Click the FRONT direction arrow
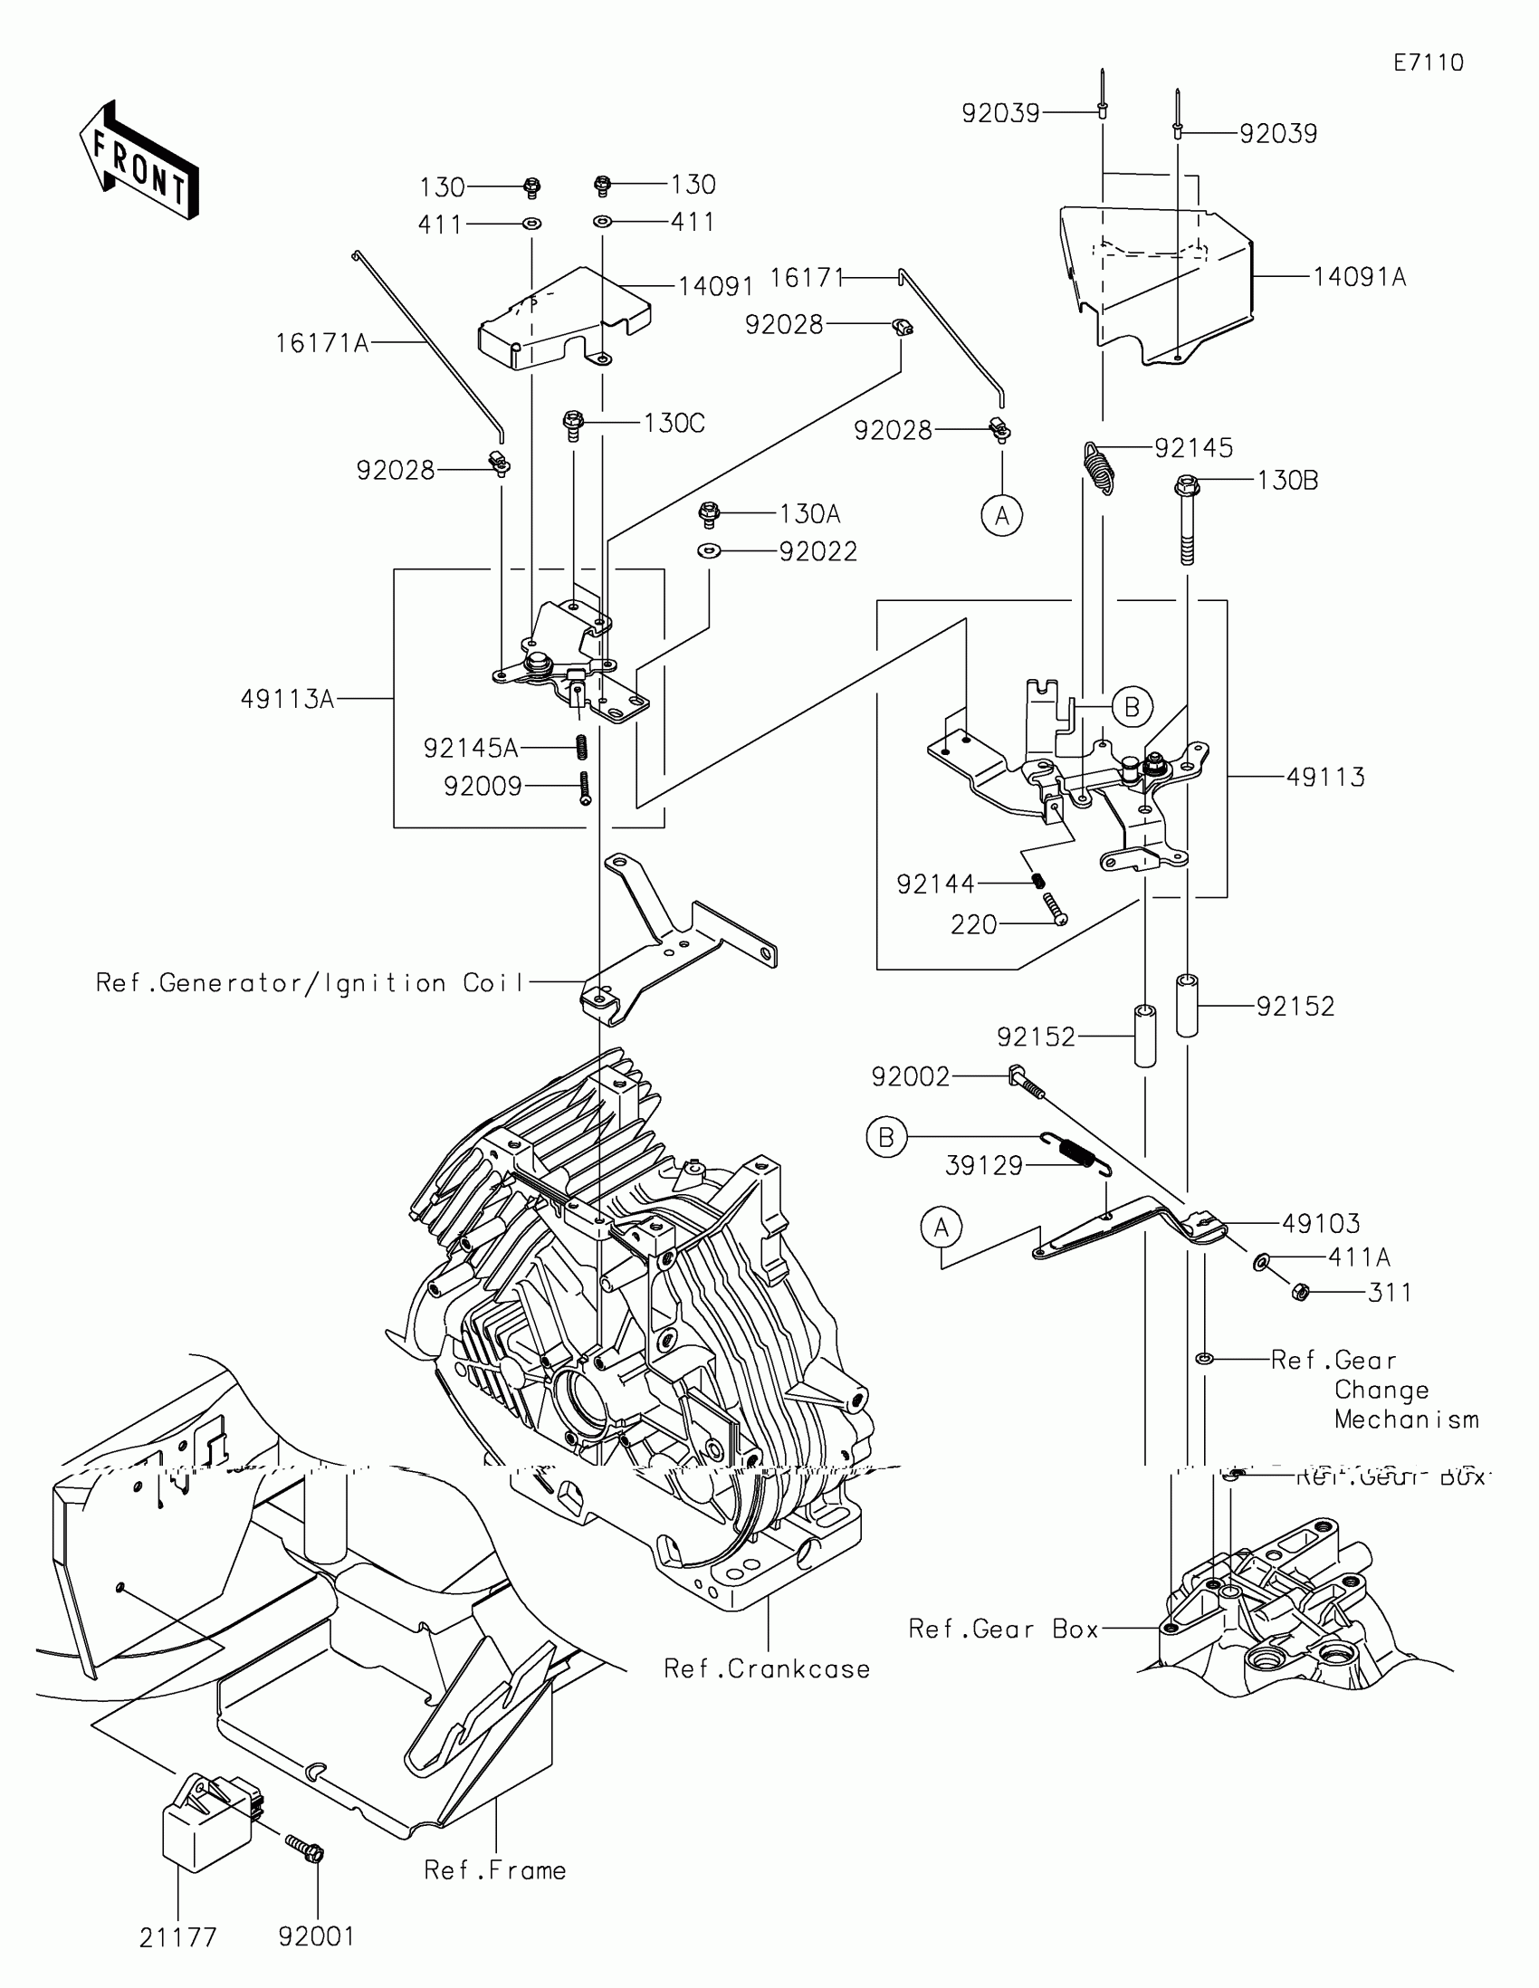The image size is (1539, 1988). point(139,162)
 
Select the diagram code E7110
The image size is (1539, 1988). point(1428,62)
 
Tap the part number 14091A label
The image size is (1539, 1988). point(1359,277)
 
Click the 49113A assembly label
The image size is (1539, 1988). point(288,699)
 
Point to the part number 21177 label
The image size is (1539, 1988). point(178,1937)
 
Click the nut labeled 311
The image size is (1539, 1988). point(1301,1292)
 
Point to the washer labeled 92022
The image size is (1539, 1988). point(708,550)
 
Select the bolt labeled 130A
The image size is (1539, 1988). point(708,514)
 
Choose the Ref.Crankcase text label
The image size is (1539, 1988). point(766,1668)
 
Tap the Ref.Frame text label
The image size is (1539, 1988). point(495,1869)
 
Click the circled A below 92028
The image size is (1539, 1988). point(1002,515)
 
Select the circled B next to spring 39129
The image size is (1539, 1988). point(886,1137)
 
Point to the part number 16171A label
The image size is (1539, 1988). point(322,343)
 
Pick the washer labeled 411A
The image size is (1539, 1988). point(1262,1262)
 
